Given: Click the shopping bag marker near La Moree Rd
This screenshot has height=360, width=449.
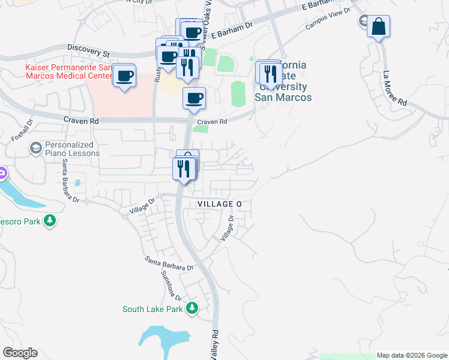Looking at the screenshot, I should [x=378, y=27].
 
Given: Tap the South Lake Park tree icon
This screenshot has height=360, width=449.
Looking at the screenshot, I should [x=192, y=308].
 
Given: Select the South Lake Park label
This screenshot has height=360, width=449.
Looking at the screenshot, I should [x=152, y=310].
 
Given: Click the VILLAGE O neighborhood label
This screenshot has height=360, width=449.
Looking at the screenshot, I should [x=220, y=205].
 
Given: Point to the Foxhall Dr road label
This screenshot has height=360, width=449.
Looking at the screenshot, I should [x=20, y=130].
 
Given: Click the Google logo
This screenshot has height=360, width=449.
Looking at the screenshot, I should [x=20, y=353].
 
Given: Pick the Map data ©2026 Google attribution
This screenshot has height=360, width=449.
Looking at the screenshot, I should [x=412, y=355].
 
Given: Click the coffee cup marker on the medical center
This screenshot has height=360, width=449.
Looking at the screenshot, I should [x=125, y=76].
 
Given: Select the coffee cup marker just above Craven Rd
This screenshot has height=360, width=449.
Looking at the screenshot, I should [x=194, y=97].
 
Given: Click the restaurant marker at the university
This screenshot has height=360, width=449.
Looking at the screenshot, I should [x=271, y=73].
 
